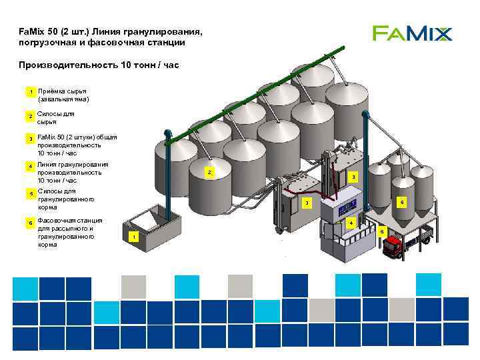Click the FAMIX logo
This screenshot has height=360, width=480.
(412, 33)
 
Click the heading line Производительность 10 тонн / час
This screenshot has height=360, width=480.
(99, 65)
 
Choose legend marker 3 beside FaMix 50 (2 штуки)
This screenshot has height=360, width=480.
(29, 139)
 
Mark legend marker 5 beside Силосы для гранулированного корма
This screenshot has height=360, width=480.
(29, 193)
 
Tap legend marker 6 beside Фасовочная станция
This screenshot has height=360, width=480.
(29, 222)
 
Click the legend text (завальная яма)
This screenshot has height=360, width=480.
(63, 99)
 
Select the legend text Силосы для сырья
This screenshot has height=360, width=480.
(55, 118)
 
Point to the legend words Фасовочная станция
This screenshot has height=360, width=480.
(70, 220)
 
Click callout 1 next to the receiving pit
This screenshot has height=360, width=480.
(134, 237)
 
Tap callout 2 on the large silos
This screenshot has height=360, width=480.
(209, 173)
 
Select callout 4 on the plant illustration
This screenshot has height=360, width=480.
(351, 222)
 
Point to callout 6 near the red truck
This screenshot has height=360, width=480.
(382, 231)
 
